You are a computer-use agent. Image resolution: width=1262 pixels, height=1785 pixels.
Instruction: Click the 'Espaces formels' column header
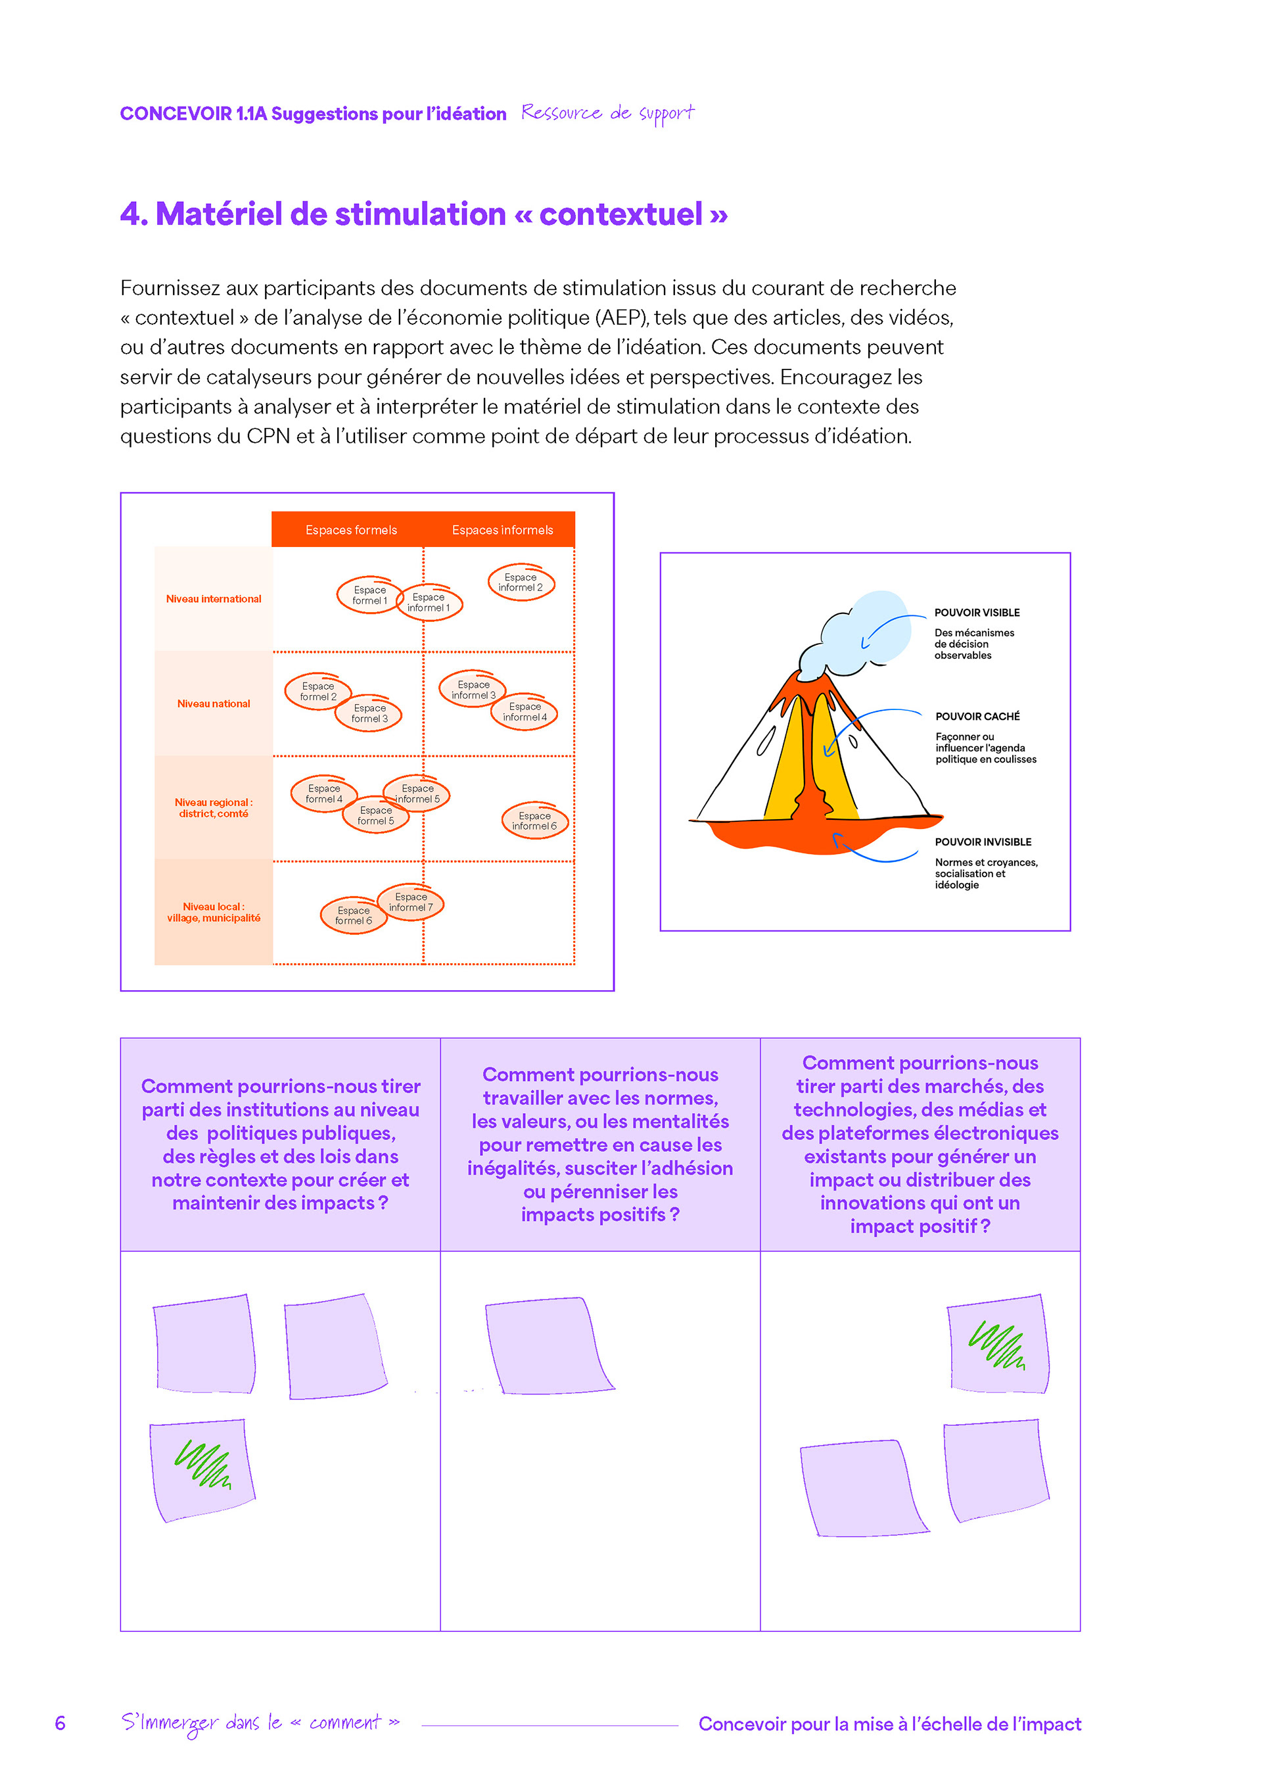[x=350, y=530]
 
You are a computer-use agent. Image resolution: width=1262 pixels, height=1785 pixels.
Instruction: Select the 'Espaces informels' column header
[x=502, y=530]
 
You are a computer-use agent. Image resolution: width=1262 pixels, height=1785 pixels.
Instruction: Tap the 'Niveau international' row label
[x=214, y=599]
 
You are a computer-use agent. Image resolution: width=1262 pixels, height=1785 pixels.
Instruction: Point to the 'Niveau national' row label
[x=214, y=703]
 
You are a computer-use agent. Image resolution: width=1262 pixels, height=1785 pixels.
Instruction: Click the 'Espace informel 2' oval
[x=521, y=583]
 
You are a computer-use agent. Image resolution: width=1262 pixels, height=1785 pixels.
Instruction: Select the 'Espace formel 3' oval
[x=369, y=714]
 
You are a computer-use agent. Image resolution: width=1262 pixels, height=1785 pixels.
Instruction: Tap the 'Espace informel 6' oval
[x=534, y=821]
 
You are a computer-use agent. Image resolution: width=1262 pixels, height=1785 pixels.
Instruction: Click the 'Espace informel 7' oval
[x=411, y=902]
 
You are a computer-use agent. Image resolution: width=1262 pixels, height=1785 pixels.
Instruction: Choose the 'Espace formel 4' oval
[x=323, y=794]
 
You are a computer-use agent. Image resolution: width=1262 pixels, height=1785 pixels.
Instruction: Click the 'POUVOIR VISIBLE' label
[x=977, y=613]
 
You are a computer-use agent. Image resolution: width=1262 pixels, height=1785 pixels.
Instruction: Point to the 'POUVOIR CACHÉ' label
[x=977, y=716]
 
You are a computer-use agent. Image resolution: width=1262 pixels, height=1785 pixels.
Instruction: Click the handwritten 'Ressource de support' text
[x=608, y=114]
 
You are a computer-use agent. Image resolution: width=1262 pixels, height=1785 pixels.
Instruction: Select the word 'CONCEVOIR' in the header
[x=175, y=114]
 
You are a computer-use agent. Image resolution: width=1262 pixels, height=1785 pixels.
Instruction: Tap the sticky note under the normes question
[x=547, y=1346]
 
